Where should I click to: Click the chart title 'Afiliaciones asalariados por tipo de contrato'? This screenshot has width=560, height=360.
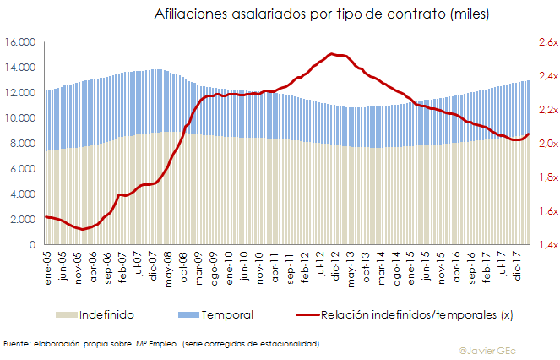322,14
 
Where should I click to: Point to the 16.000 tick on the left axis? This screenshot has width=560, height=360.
19,42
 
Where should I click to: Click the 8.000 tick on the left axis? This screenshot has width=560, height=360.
22,144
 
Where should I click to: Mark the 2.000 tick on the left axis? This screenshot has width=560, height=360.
22,220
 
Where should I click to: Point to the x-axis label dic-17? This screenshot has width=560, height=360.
518,264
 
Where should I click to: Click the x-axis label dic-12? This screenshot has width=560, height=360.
335,264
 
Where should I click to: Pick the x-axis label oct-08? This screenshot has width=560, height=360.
183,264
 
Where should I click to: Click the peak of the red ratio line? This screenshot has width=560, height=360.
334,54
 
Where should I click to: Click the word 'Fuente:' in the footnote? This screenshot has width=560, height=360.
18,343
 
